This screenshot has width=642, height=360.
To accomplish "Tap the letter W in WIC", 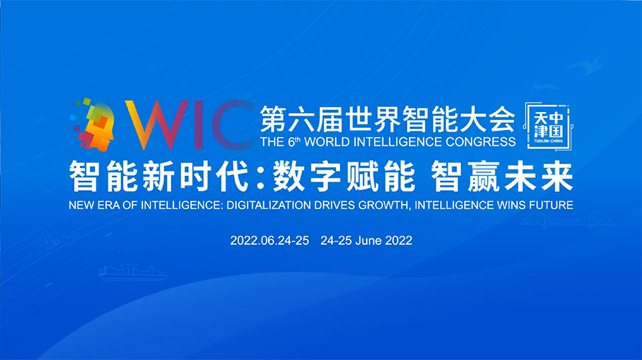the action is coord(156,125).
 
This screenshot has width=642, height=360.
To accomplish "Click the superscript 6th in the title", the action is coord(294,141).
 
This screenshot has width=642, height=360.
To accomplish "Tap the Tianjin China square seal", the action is coord(549,126).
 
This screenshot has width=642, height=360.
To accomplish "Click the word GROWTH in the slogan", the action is coord(385,205).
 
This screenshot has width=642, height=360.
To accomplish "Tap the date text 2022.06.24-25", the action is coord(270,241).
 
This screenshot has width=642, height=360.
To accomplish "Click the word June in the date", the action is coord(369,241).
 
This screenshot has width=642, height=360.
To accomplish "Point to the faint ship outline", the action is coord(133,272).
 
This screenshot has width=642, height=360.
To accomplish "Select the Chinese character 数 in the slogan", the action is coord(289,176).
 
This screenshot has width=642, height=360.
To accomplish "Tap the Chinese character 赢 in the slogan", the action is coord(483,176).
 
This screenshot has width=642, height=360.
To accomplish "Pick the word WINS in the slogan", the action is coord(511,205).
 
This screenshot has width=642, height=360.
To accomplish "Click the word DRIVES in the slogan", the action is coord(335,205).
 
